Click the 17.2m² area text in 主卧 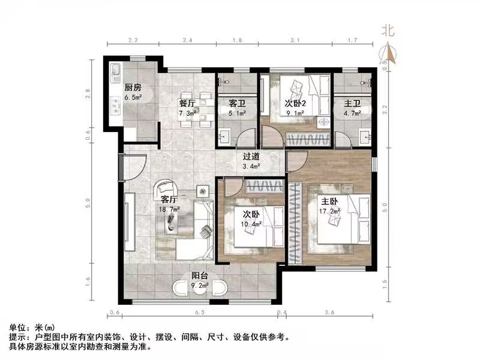(x=329, y=211)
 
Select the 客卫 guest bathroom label (x=236, y=103)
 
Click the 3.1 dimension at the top (x=295, y=40)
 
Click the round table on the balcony (x=200, y=289)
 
